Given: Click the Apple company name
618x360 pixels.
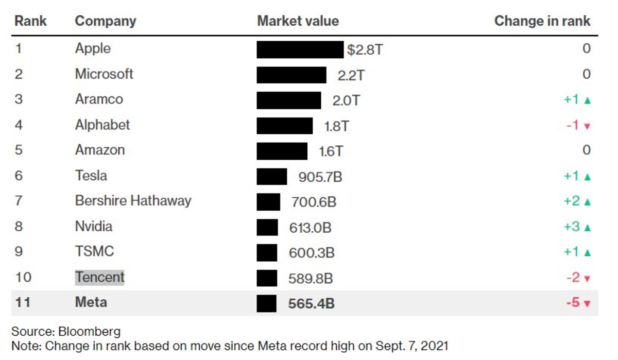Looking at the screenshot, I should pyautogui.click(x=93, y=48).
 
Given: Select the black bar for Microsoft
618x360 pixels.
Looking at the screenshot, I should pyautogui.click(x=291, y=75).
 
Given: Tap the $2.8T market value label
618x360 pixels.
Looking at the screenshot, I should pyautogui.click(x=365, y=50).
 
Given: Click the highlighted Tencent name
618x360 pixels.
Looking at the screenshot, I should pyautogui.click(x=100, y=277).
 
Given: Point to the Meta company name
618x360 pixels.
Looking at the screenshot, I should pyautogui.click(x=91, y=302).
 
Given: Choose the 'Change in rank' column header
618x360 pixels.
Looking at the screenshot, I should pyautogui.click(x=542, y=21).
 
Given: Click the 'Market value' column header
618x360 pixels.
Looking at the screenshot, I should pyautogui.click(x=298, y=21).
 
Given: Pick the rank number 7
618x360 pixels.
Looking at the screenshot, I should pyautogui.click(x=19, y=200).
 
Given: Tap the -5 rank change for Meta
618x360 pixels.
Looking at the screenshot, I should pyautogui.click(x=573, y=302).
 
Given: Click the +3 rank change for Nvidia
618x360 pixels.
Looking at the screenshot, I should pyautogui.click(x=572, y=226).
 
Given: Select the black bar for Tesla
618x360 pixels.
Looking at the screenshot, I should pyautogui.click(x=272, y=177).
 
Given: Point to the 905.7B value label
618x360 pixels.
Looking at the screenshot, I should pyautogui.click(x=320, y=178).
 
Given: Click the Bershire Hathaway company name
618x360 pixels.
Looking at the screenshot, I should pyautogui.click(x=133, y=200).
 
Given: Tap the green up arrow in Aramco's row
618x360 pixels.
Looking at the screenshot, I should pyautogui.click(x=587, y=101).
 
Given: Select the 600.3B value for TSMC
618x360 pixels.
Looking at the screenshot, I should pyautogui.click(x=312, y=253).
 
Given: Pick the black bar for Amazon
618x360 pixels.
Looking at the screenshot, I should pyautogui.click(x=282, y=151).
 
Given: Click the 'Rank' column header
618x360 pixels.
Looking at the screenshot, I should pyautogui.click(x=30, y=21).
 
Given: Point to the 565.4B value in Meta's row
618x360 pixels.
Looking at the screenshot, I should pyautogui.click(x=311, y=304).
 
